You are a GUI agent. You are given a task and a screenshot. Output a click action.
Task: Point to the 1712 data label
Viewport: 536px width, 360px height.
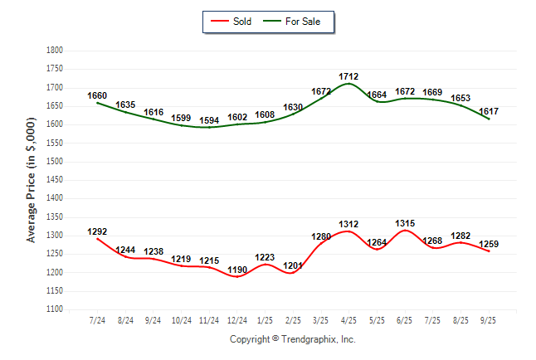coord(348,76)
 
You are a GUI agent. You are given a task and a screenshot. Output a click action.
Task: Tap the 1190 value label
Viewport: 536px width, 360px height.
coord(237,270)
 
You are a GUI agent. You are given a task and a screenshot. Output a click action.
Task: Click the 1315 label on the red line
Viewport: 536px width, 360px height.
coord(406,223)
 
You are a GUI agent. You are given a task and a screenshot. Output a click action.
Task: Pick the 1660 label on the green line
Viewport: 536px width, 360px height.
coord(97,96)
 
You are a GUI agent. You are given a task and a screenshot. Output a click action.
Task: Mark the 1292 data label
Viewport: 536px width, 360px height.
coord(97,232)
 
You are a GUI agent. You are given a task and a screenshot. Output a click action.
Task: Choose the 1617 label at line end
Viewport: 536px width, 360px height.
coord(489,110)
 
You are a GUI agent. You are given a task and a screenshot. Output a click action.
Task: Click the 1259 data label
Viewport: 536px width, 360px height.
coord(489,244)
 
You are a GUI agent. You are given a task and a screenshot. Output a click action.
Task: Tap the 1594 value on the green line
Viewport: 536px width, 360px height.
coord(209,120)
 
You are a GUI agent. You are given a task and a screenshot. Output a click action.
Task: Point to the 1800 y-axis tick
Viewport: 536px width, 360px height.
coord(55,51)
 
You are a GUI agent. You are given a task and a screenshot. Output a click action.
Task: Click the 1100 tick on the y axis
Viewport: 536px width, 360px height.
coord(55,309)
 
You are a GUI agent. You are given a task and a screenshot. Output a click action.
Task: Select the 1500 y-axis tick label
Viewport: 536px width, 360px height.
coord(55,162)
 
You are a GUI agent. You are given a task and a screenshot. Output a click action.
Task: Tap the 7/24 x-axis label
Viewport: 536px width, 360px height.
coord(98,319)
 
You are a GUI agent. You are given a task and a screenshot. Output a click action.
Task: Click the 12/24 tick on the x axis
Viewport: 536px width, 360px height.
coord(237,319)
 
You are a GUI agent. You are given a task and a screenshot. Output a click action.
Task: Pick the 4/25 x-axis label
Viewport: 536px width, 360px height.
coord(349,319)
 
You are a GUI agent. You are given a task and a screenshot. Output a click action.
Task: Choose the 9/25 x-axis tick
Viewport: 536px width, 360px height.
coord(490,319)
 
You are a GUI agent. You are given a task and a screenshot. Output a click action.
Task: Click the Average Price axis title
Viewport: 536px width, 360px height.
coord(32,179)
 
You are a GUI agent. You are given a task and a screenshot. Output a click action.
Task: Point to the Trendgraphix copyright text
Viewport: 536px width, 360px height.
coord(292,339)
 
